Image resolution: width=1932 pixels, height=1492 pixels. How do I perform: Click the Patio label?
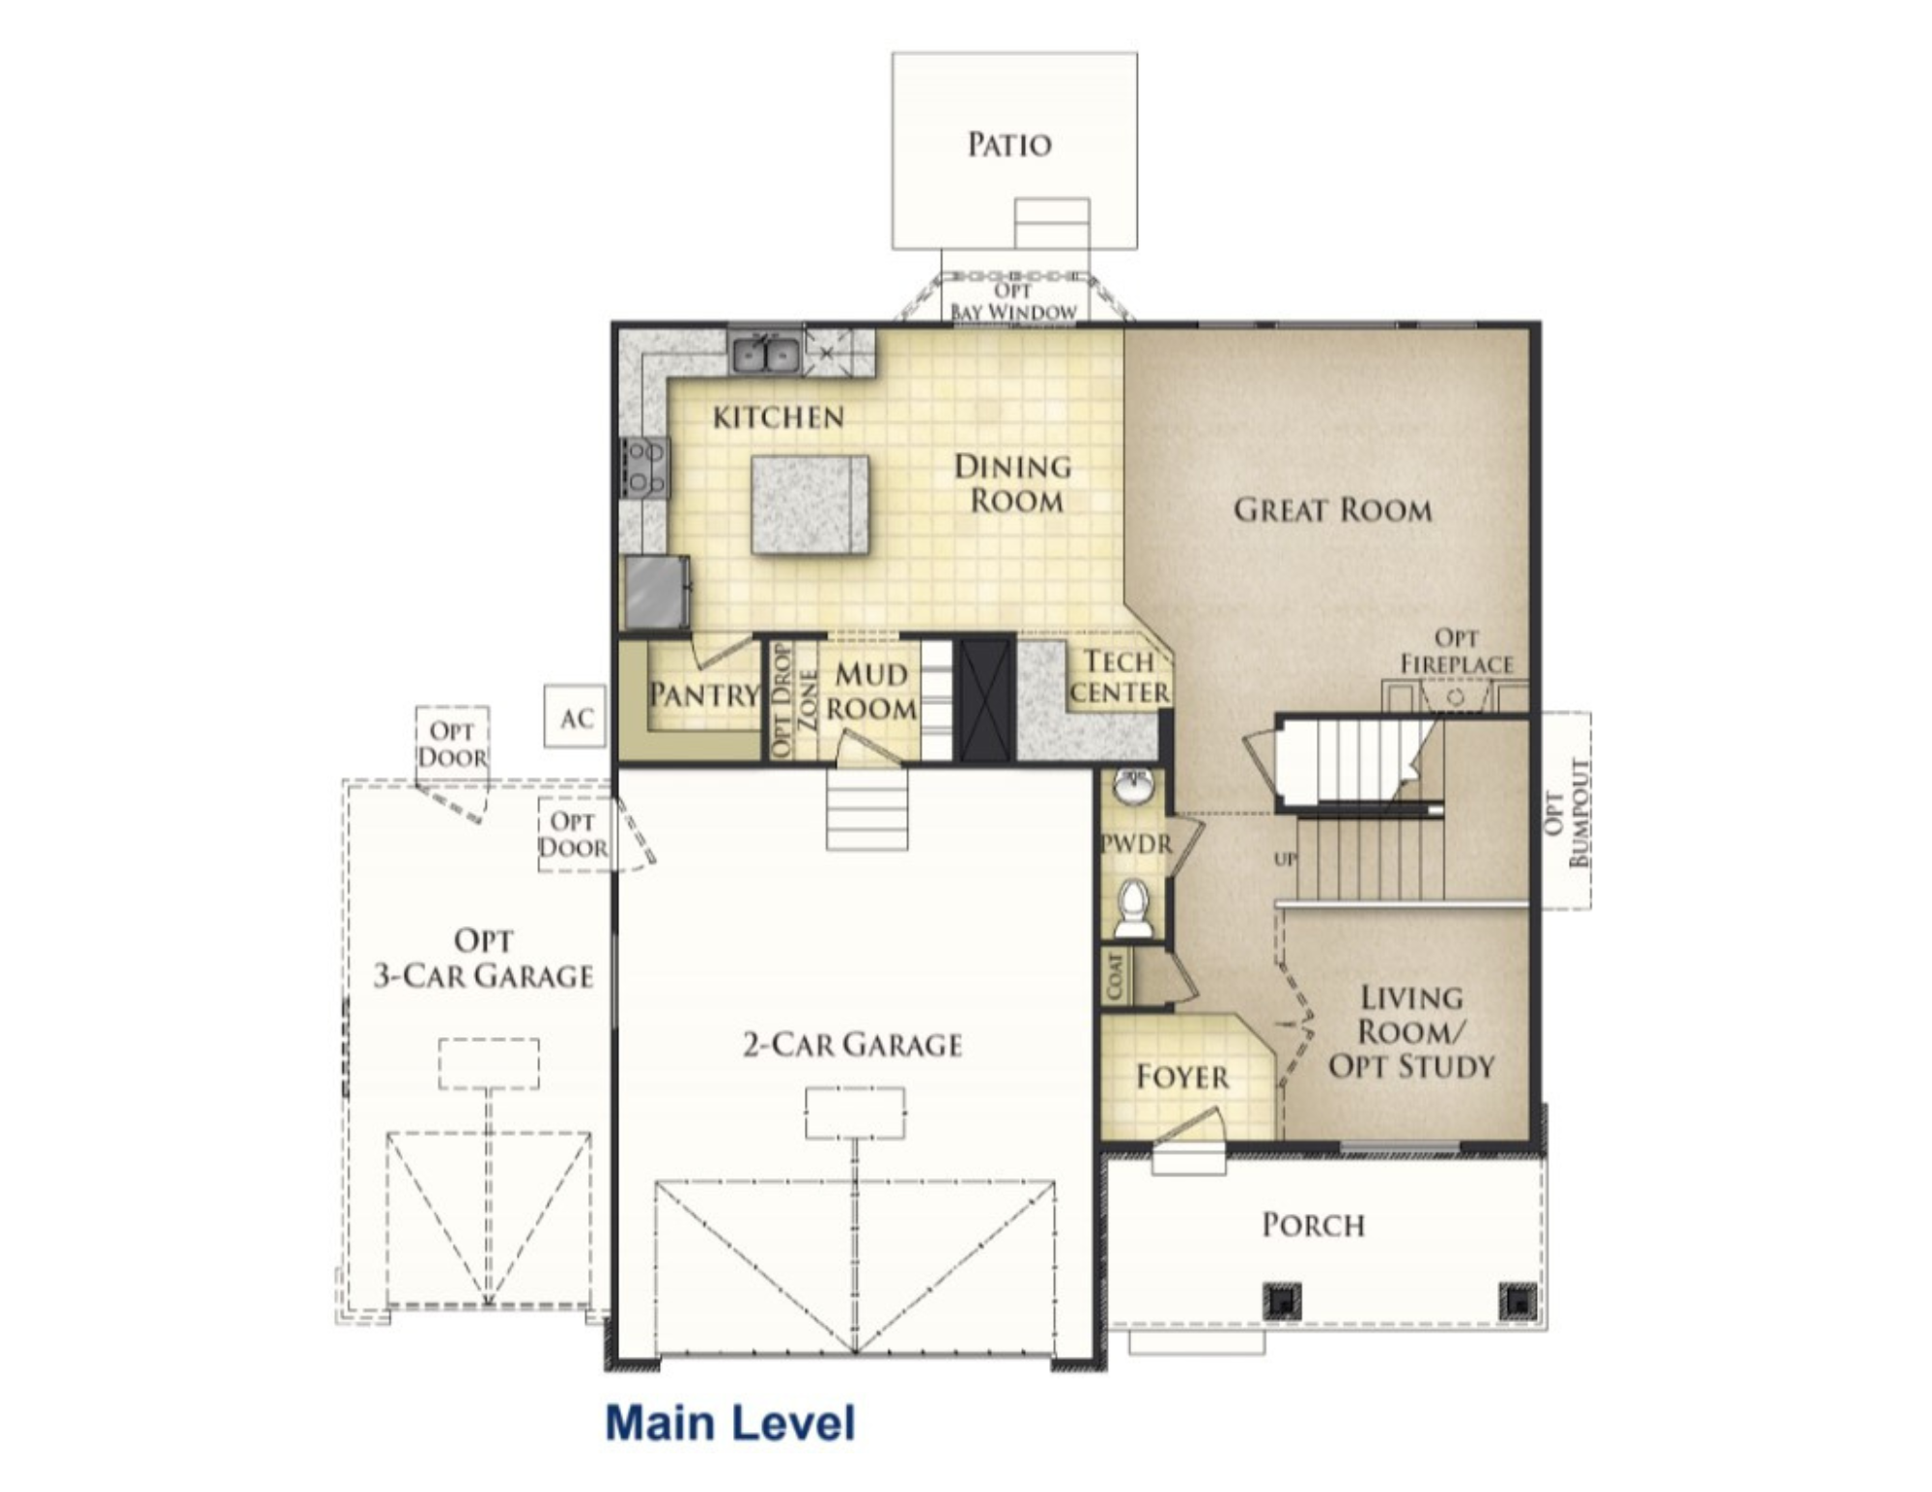1009,145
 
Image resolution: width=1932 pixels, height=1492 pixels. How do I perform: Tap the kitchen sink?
765,352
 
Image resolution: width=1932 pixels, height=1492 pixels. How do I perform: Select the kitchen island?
810,504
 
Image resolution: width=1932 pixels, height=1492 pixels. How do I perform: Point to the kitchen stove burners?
644,467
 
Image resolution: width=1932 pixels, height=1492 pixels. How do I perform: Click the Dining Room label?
1013,484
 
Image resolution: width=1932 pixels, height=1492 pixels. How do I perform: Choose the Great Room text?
1333,510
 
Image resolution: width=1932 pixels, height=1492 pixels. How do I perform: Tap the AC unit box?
576,717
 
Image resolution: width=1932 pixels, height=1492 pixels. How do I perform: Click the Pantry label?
704,694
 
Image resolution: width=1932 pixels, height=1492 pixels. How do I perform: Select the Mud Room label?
871,691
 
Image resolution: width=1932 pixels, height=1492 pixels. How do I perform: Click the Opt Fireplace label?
1457,651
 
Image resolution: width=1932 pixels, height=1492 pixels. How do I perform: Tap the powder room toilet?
1133,908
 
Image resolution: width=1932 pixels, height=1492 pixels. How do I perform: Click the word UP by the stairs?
1285,859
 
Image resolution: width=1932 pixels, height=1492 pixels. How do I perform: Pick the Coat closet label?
1117,977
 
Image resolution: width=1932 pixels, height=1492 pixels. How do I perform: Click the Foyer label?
1182,1077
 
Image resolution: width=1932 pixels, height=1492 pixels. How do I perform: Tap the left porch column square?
1282,1301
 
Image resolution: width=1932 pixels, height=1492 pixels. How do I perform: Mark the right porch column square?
1517,1301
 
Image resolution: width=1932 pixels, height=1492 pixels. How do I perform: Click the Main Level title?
730,1423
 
